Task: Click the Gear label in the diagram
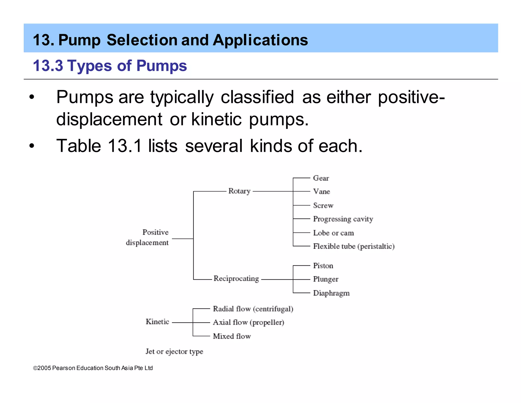tap(321, 178)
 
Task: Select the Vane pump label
tap(322, 192)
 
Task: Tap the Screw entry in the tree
tap(323, 205)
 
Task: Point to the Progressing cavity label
tap(343, 219)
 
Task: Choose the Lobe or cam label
tap(333, 233)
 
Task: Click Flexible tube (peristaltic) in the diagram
tap(354, 246)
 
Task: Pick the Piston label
tap(323, 266)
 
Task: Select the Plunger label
tap(326, 279)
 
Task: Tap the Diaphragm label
tap(331, 293)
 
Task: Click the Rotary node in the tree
tap(239, 191)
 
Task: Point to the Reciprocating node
tap(236, 279)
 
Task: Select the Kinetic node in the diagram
tap(157, 322)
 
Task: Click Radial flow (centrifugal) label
tap(253, 309)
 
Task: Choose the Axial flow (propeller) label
tap(248, 323)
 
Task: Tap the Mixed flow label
tap(232, 336)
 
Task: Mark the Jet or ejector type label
tap(174, 352)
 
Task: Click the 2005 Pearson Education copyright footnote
tap(93, 368)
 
